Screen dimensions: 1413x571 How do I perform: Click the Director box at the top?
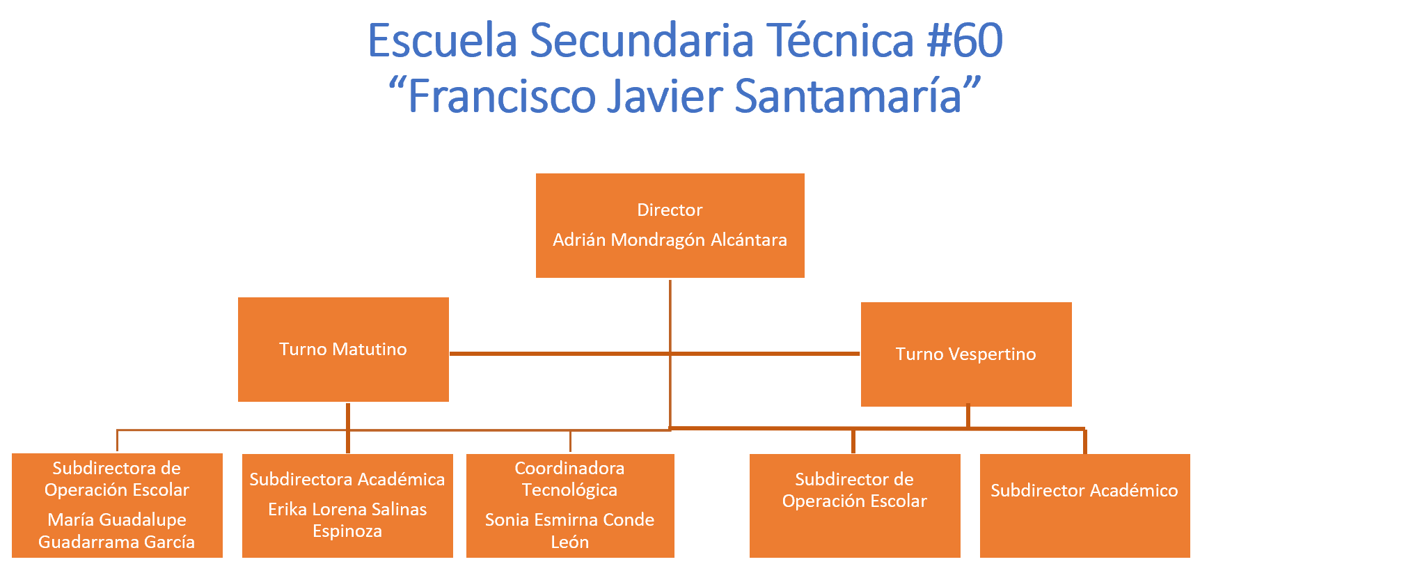click(x=670, y=226)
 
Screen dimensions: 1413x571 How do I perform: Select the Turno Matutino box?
click(x=343, y=350)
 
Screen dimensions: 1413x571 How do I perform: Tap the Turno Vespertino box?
click(x=966, y=354)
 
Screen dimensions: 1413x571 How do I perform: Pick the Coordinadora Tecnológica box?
click(x=570, y=506)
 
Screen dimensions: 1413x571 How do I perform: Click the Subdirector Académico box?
click(x=1085, y=506)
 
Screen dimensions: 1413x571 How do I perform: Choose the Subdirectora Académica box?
click(x=347, y=506)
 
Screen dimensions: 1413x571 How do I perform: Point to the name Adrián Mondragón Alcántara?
click(x=670, y=240)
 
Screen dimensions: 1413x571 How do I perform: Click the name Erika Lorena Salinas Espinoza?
click(x=347, y=520)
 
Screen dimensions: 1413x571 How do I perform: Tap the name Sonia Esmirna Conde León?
click(x=570, y=531)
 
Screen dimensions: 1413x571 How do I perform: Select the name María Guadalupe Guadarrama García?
click(x=117, y=531)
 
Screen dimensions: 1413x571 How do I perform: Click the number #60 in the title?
click(x=965, y=40)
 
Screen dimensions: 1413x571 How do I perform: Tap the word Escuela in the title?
click(x=443, y=40)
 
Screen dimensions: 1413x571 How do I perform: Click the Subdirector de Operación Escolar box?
click(x=855, y=506)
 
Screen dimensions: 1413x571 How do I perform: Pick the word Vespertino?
click(x=991, y=354)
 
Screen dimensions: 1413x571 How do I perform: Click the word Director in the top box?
click(x=670, y=210)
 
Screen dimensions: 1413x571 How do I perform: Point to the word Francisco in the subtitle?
click(x=502, y=95)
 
